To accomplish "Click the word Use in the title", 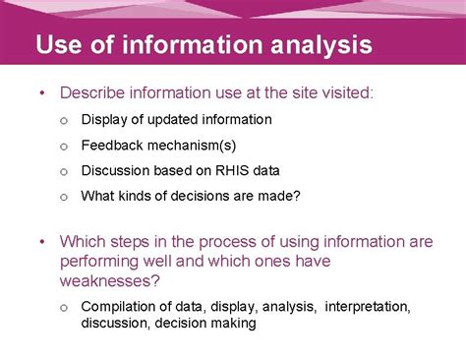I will tap(60, 45).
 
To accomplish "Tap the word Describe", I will tap(96, 92).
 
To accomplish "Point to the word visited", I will tap(347, 92).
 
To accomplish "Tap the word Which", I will tap(82, 241).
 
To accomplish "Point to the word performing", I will tap(103, 261).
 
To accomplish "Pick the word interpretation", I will tap(367, 306).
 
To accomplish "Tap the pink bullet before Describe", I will tap(42, 92).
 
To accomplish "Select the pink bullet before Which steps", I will tap(42, 241).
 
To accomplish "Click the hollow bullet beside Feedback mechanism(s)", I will tap(62, 146).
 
